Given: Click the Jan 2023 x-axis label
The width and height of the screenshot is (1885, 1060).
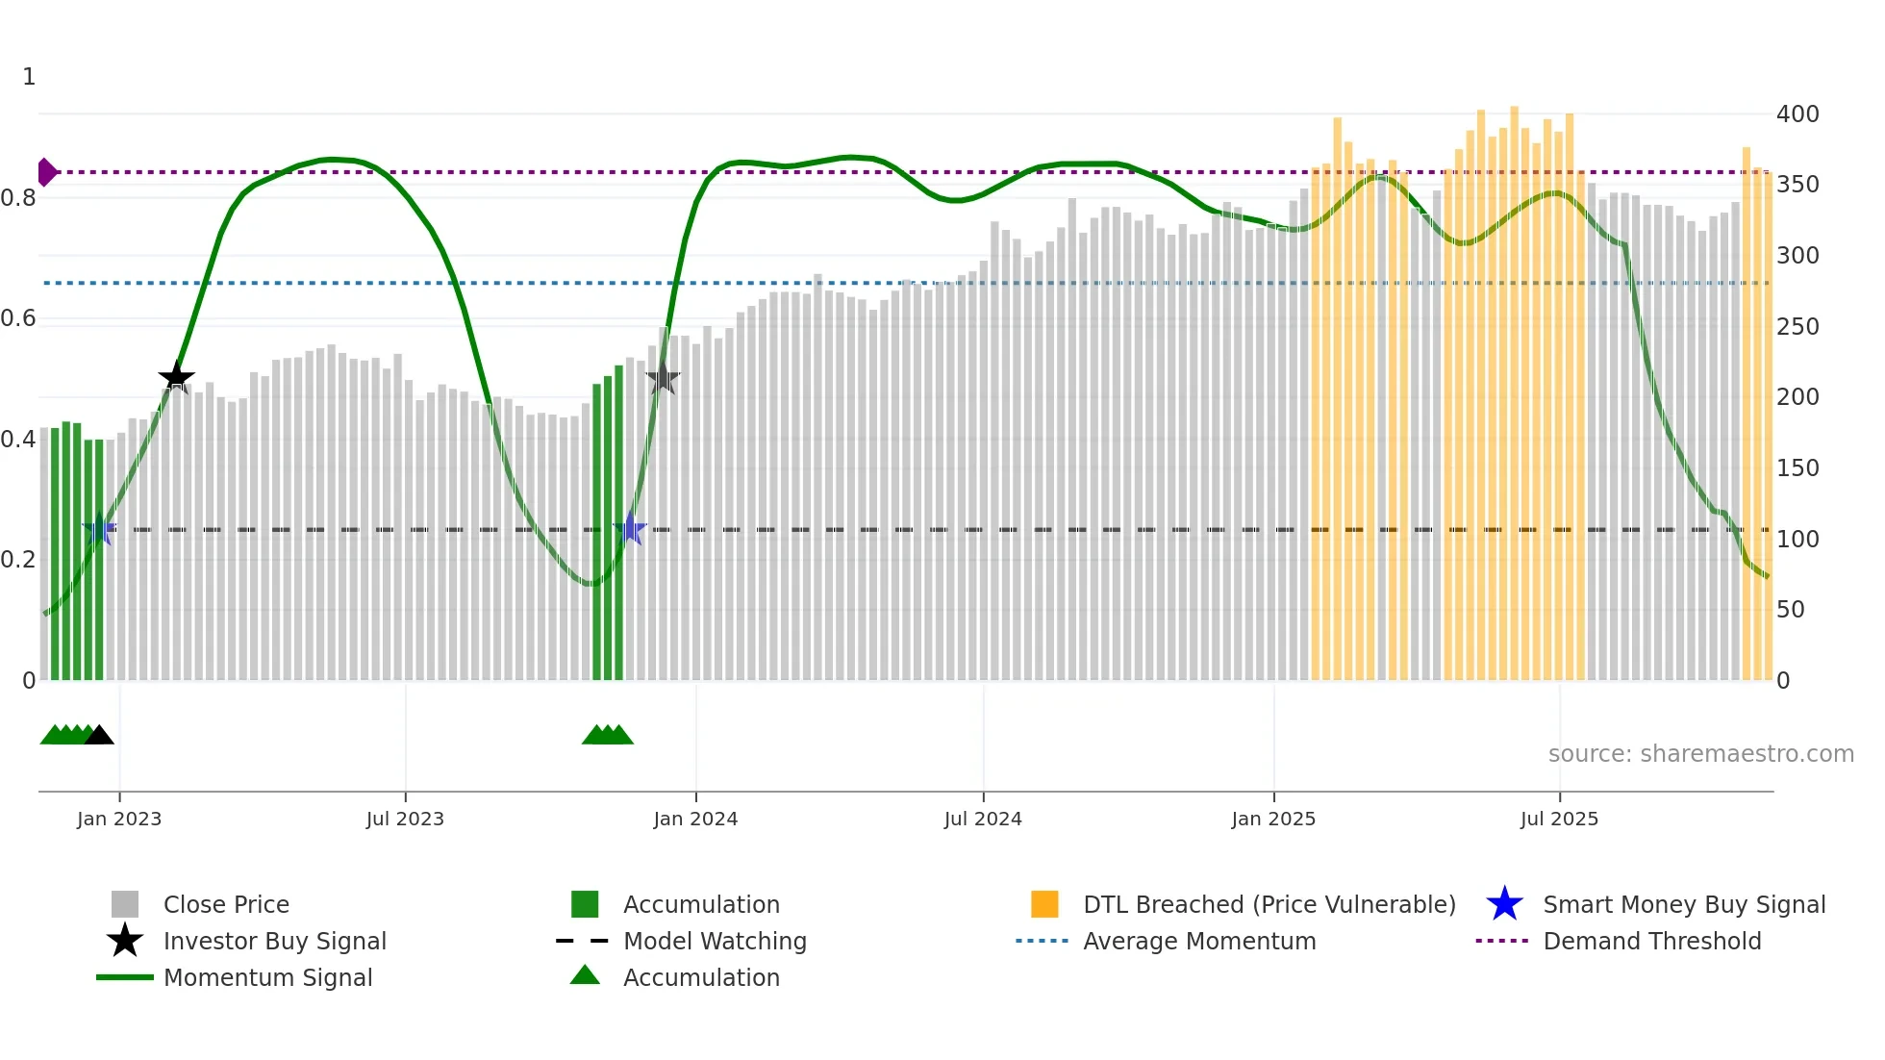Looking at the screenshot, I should tap(119, 819).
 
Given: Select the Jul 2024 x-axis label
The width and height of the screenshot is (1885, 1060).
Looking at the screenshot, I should tap(983, 819).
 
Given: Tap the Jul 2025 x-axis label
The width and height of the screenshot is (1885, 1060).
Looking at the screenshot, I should tap(1559, 819).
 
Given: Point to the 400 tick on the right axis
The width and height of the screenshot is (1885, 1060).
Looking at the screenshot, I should tap(1797, 114).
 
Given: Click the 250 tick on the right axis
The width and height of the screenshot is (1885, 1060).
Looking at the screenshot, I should tap(1797, 327).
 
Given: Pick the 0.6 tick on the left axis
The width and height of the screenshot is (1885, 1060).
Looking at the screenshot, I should tap(18, 318).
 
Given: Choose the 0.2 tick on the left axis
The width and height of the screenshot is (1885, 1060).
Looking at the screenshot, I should tap(18, 560).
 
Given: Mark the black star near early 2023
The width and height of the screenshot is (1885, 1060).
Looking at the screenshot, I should tap(176, 377).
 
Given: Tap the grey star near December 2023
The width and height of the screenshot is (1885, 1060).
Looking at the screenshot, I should tap(663, 378).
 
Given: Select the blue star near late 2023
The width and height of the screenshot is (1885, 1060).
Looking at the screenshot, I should tap(630, 529).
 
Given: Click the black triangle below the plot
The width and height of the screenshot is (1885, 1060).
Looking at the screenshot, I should tap(99, 735).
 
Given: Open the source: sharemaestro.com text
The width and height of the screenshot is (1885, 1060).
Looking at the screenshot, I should tap(1700, 754).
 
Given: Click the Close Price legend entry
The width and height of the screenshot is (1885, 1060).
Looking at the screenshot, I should tap(226, 904).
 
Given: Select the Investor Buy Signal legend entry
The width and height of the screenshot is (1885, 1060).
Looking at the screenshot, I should tap(274, 941).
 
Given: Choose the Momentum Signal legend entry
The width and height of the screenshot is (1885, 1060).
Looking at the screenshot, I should tap(267, 977).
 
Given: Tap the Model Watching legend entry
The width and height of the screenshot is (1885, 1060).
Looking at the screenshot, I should tap(715, 941).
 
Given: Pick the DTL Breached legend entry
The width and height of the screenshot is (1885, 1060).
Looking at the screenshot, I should tap(1269, 904).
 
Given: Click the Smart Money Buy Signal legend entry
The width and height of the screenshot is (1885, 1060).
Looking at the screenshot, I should tap(1683, 904).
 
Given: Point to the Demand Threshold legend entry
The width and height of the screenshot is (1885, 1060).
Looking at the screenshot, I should tap(1651, 941).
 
